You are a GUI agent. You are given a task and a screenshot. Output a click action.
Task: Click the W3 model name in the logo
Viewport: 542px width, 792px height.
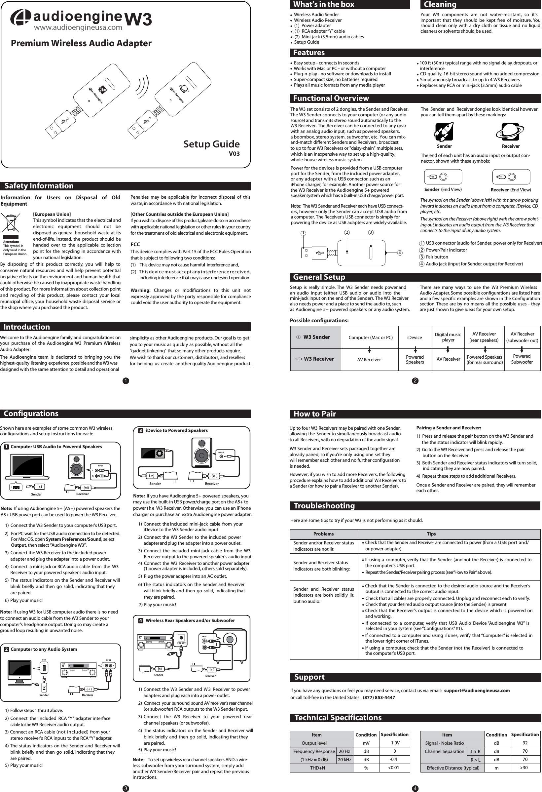139,20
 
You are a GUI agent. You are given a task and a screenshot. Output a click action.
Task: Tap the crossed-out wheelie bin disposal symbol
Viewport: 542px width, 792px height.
10,223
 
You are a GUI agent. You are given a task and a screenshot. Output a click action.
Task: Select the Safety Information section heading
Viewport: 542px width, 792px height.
39,186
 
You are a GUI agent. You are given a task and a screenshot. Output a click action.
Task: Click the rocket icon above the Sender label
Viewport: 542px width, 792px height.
444,132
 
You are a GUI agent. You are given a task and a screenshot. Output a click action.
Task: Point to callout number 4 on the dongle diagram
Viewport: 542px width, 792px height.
400,253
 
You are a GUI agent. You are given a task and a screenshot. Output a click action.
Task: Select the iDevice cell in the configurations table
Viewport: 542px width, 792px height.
414,337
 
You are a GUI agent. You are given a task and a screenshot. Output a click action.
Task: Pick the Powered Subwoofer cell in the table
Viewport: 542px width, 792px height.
522,359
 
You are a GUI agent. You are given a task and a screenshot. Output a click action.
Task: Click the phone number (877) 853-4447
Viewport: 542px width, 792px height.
379,697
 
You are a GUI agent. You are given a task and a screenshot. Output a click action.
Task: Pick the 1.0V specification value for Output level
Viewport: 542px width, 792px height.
395,743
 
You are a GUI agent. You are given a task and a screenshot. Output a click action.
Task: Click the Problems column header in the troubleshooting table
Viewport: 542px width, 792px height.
323,534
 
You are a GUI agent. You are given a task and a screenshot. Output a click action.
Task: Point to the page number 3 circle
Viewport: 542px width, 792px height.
126,788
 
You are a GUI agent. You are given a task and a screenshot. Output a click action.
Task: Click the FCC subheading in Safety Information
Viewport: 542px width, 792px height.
135,244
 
